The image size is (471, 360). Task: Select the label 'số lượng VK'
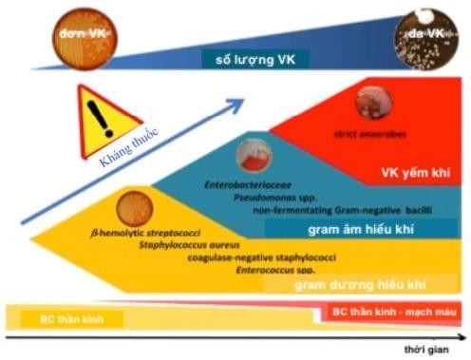pos(250,60)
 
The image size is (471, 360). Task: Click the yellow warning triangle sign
pos(98,117)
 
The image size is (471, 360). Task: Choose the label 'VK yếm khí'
pos(405,172)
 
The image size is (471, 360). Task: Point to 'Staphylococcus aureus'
pos(186,245)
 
